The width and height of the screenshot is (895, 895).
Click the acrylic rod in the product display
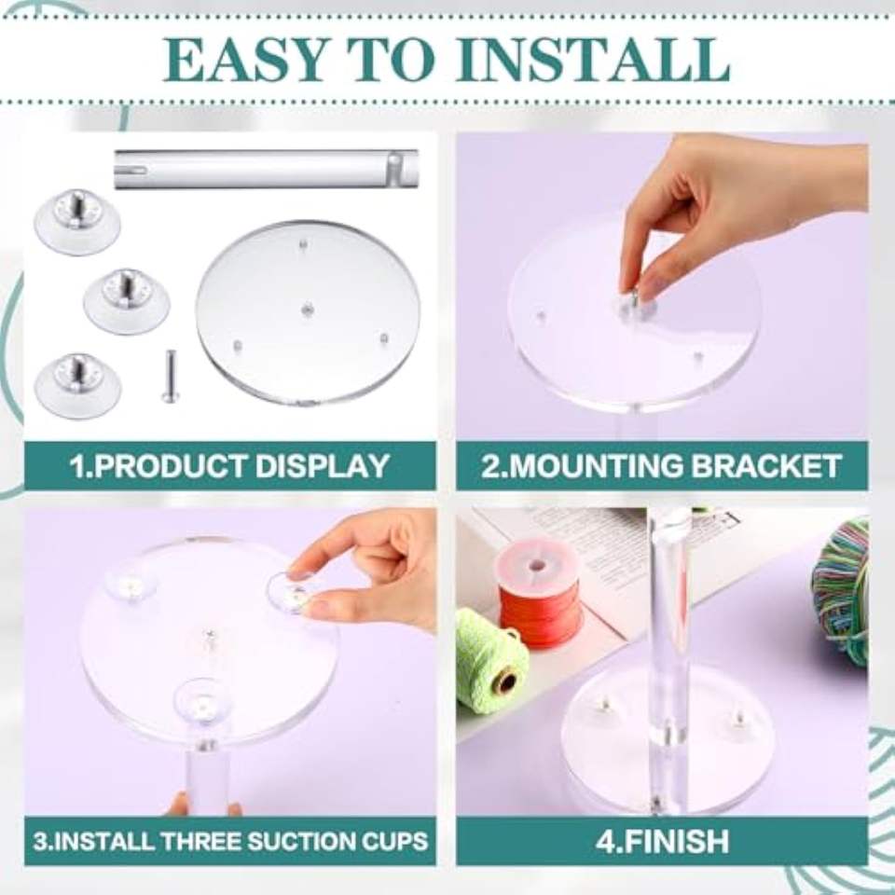(267, 169)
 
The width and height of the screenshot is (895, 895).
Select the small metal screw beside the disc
(169, 376)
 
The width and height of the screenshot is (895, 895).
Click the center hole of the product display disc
(307, 310)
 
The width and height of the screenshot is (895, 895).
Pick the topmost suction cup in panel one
(77, 222)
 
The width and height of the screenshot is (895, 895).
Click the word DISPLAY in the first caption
(323, 466)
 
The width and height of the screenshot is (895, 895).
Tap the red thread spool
(539, 596)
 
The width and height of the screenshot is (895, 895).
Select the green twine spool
(490, 660)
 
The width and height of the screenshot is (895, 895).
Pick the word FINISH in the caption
(678, 841)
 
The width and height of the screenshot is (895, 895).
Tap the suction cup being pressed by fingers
(294, 592)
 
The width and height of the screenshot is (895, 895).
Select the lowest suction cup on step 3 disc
(202, 702)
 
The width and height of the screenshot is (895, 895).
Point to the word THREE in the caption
(205, 842)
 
